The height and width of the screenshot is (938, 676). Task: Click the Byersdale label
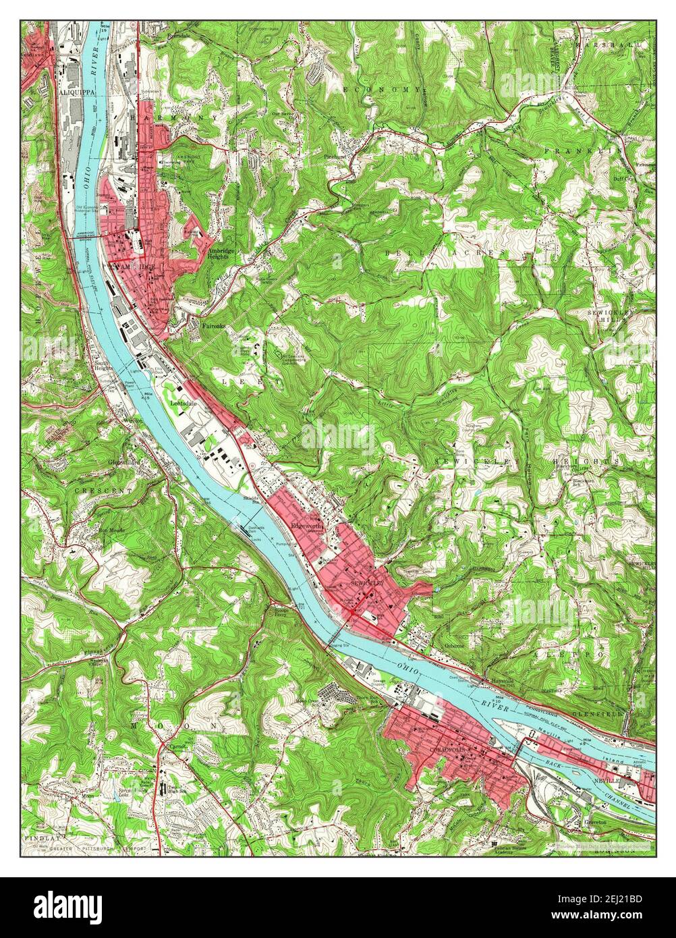pos(179,34)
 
